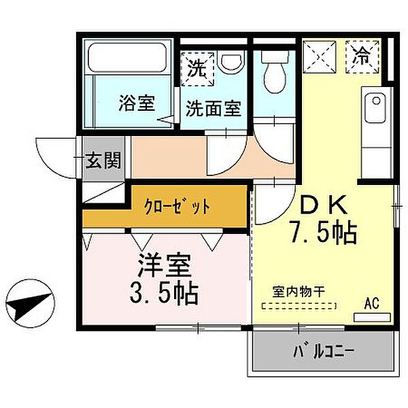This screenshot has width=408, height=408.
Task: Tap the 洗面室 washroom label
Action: point(214,108)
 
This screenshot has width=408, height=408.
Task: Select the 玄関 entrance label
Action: point(104,160)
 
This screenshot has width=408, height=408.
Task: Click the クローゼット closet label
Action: point(176,205)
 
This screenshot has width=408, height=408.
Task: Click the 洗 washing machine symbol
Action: point(197,68)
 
